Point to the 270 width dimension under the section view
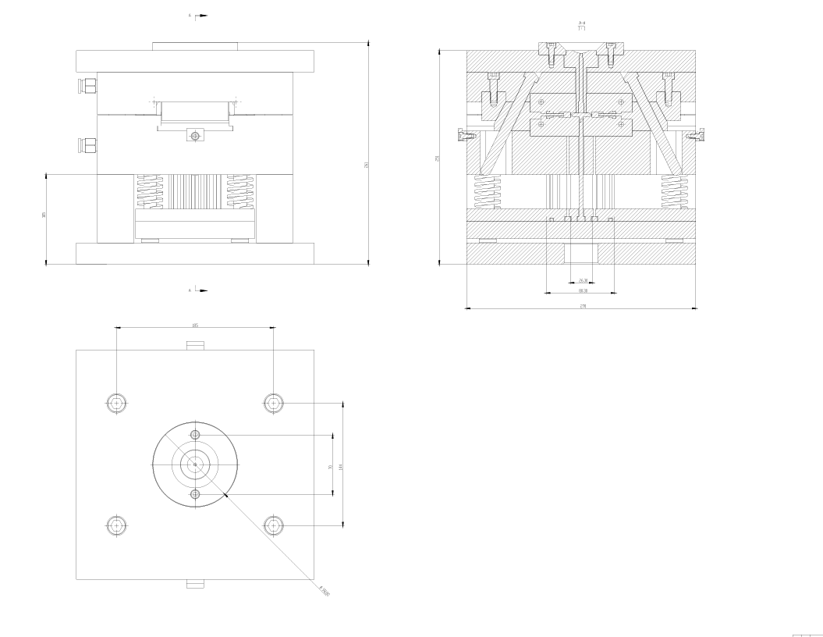(582, 306)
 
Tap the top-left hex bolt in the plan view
(116, 403)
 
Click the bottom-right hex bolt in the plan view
(273, 525)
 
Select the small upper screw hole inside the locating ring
(195, 434)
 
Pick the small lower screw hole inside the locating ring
(195, 494)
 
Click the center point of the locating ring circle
(195, 464)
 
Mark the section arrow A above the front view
(199, 15)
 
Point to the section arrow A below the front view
(199, 290)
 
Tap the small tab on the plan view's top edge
(195, 346)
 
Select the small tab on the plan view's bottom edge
(195, 583)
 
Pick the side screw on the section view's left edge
(466, 136)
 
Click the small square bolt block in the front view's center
(195, 136)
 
